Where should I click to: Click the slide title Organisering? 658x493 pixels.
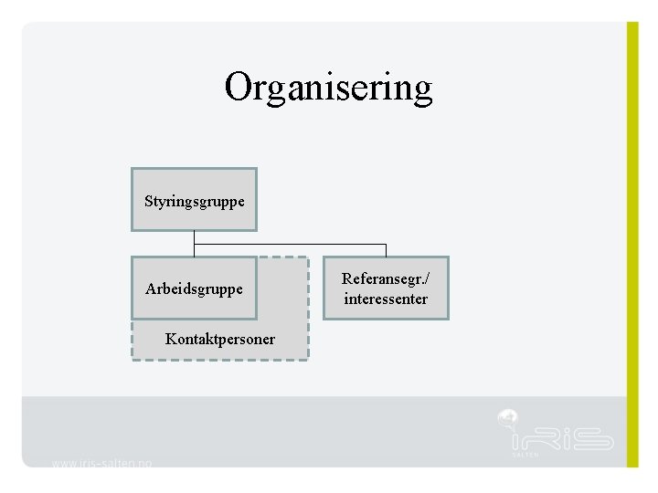(328, 88)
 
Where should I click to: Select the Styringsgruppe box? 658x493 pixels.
(194, 200)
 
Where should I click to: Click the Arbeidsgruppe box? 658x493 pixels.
(194, 288)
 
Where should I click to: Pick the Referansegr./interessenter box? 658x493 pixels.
(386, 288)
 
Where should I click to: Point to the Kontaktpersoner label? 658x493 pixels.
(219, 340)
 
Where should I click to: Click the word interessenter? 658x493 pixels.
(386, 299)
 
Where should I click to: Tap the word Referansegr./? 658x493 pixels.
(386, 278)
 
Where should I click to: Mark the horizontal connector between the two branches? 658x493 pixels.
(290, 245)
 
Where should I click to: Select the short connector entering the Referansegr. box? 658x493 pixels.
(386, 251)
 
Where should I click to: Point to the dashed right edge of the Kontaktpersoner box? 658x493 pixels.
(308, 310)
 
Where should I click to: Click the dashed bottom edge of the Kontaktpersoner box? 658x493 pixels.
(219, 360)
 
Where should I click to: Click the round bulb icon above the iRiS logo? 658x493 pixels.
(508, 419)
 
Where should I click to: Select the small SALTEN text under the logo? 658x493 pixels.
(525, 454)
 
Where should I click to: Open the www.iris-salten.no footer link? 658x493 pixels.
(101, 463)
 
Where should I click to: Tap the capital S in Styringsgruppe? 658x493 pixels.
(149, 200)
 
